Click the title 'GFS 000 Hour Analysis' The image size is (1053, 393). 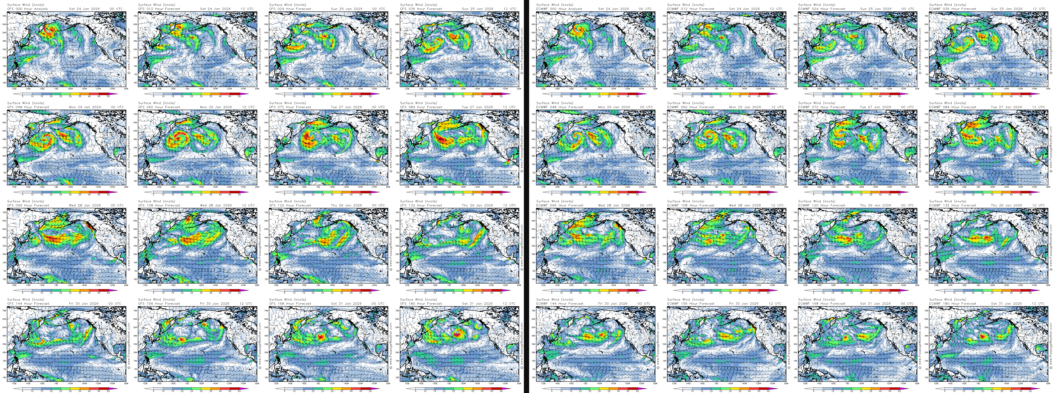[27, 9]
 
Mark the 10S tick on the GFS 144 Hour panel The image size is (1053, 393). [4, 377]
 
